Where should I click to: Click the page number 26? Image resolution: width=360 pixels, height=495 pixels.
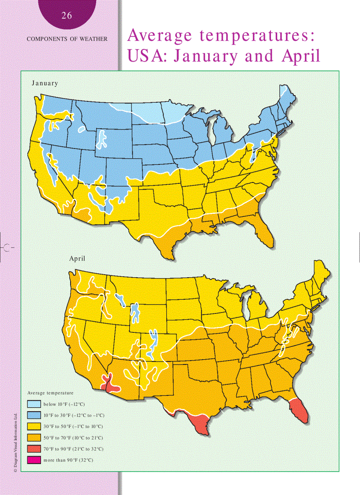click(67, 16)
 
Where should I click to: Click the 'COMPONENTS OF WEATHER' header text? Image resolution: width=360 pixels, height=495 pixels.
click(67, 39)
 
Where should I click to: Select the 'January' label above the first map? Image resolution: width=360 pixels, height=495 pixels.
click(45, 83)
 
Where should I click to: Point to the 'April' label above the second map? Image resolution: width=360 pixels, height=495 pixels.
click(77, 259)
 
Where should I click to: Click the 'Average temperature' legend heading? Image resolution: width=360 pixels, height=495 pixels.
click(50, 392)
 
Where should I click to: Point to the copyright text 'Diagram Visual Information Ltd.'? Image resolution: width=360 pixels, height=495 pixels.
click(15, 443)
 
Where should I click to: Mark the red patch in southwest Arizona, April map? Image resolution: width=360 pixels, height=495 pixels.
click(110, 383)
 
